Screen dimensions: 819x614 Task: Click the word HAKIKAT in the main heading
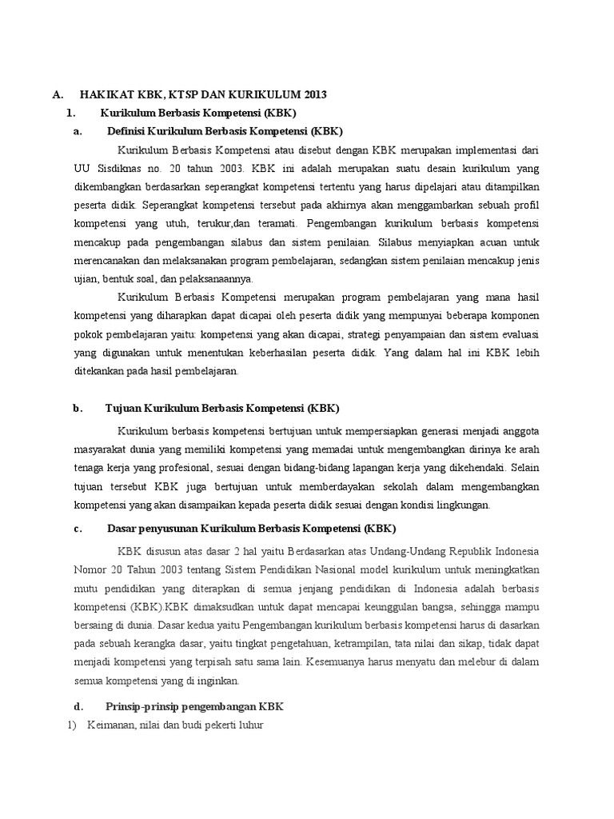pyautogui.click(x=105, y=95)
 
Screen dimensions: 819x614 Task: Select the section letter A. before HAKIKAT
pyautogui.click(x=58, y=95)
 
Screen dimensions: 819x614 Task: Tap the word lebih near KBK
pyautogui.click(x=525, y=353)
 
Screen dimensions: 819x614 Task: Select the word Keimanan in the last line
pyautogui.click(x=109, y=725)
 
